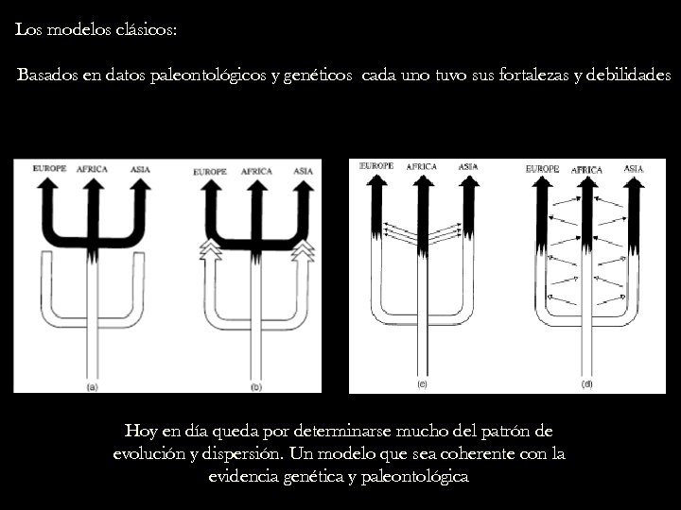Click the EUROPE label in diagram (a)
click(49, 169)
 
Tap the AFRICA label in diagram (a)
click(92, 169)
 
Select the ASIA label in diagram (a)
click(140, 169)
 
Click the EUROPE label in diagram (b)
click(210, 172)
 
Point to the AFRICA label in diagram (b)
click(256, 172)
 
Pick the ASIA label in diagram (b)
click(303, 171)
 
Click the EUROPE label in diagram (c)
click(376, 166)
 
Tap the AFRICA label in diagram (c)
click(421, 167)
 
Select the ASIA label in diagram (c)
click(467, 167)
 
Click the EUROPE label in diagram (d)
click(543, 168)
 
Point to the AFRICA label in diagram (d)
click(586, 170)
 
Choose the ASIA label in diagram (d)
click(634, 168)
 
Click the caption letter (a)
click(93, 386)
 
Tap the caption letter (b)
click(255, 386)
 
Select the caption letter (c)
click(422, 383)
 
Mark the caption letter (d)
click(587, 383)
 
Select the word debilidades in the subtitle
click(627, 75)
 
